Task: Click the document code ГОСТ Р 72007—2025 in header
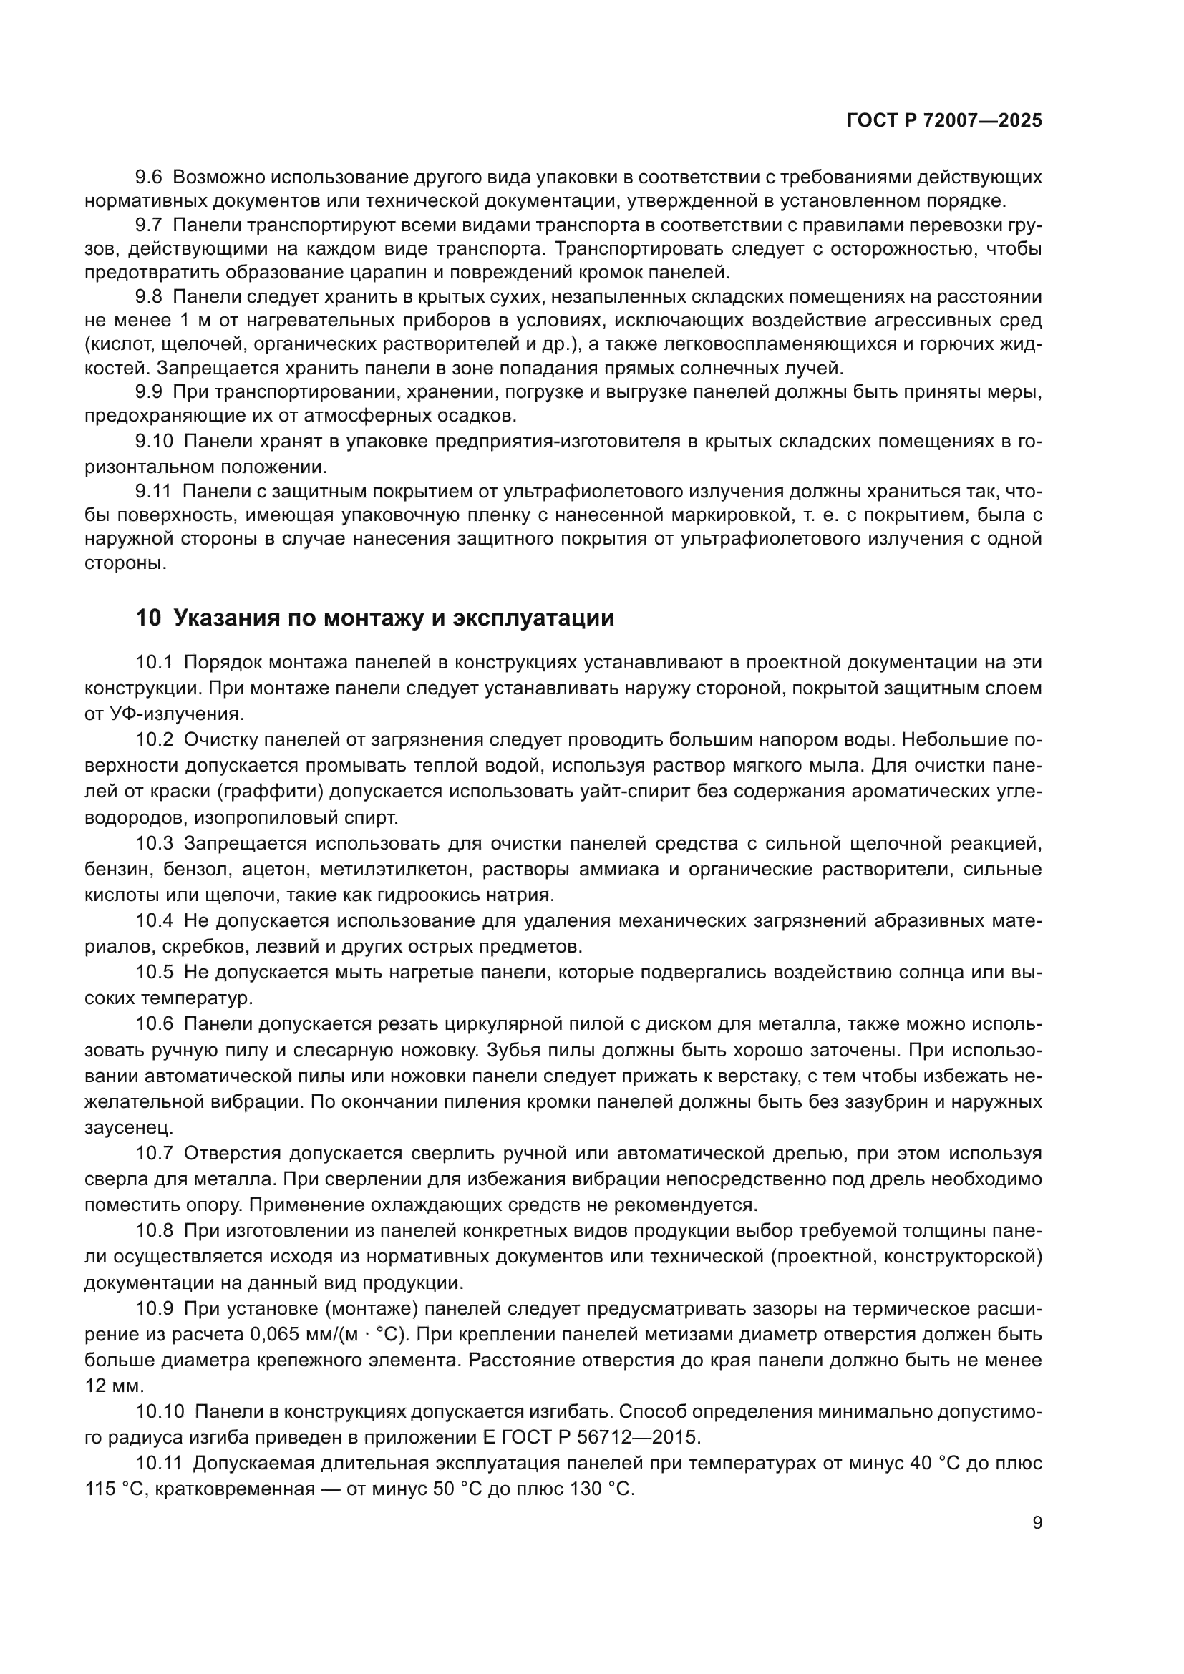click(x=944, y=121)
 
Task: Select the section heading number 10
click(x=148, y=618)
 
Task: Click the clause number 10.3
click(x=155, y=844)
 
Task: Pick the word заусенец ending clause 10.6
click(x=129, y=1128)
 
